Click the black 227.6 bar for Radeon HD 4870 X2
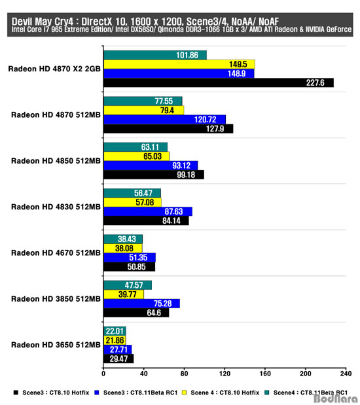tap(219, 82)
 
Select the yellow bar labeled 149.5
tap(179, 64)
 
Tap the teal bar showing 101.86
tap(155, 55)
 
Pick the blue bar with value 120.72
tap(165, 119)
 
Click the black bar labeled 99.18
tap(154, 175)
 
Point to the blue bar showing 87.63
tap(148, 211)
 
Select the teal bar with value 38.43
tap(123, 239)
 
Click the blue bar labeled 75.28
tap(141, 304)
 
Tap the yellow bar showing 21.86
tap(115, 340)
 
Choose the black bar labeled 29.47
tap(118, 359)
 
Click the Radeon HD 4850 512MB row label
tap(56, 161)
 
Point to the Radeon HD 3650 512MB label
tap(56, 345)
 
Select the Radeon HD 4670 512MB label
tap(56, 253)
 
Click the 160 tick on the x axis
tap(265, 374)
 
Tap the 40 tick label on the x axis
tap(144, 374)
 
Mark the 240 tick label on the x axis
tap(346, 374)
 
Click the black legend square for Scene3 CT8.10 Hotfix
tap(16, 393)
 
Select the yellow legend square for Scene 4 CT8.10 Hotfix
tap(184, 393)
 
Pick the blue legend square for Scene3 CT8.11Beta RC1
tap(97, 393)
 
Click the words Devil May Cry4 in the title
tap(43, 22)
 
